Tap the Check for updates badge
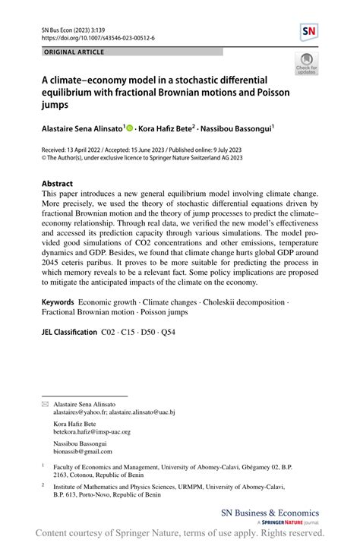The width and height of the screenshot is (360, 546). pos(307,65)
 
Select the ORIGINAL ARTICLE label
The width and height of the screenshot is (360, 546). pos(74,52)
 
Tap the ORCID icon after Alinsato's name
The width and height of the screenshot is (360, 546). pos(129,130)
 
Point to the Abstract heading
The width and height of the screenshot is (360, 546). pos(58,184)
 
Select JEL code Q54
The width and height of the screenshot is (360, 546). pos(168,333)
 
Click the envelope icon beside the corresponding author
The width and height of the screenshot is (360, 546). pos(44,404)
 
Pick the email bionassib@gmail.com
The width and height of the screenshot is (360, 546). pos(83,451)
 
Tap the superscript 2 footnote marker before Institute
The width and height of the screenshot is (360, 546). pos(43,484)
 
